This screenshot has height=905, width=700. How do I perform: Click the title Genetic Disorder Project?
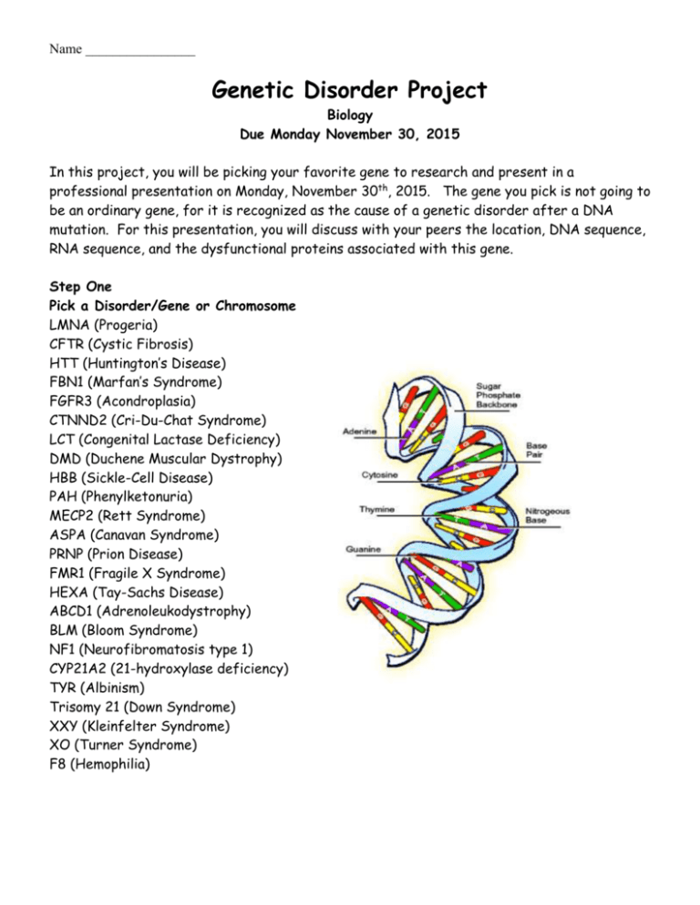(350, 91)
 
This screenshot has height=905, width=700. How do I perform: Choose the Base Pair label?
(538, 452)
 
